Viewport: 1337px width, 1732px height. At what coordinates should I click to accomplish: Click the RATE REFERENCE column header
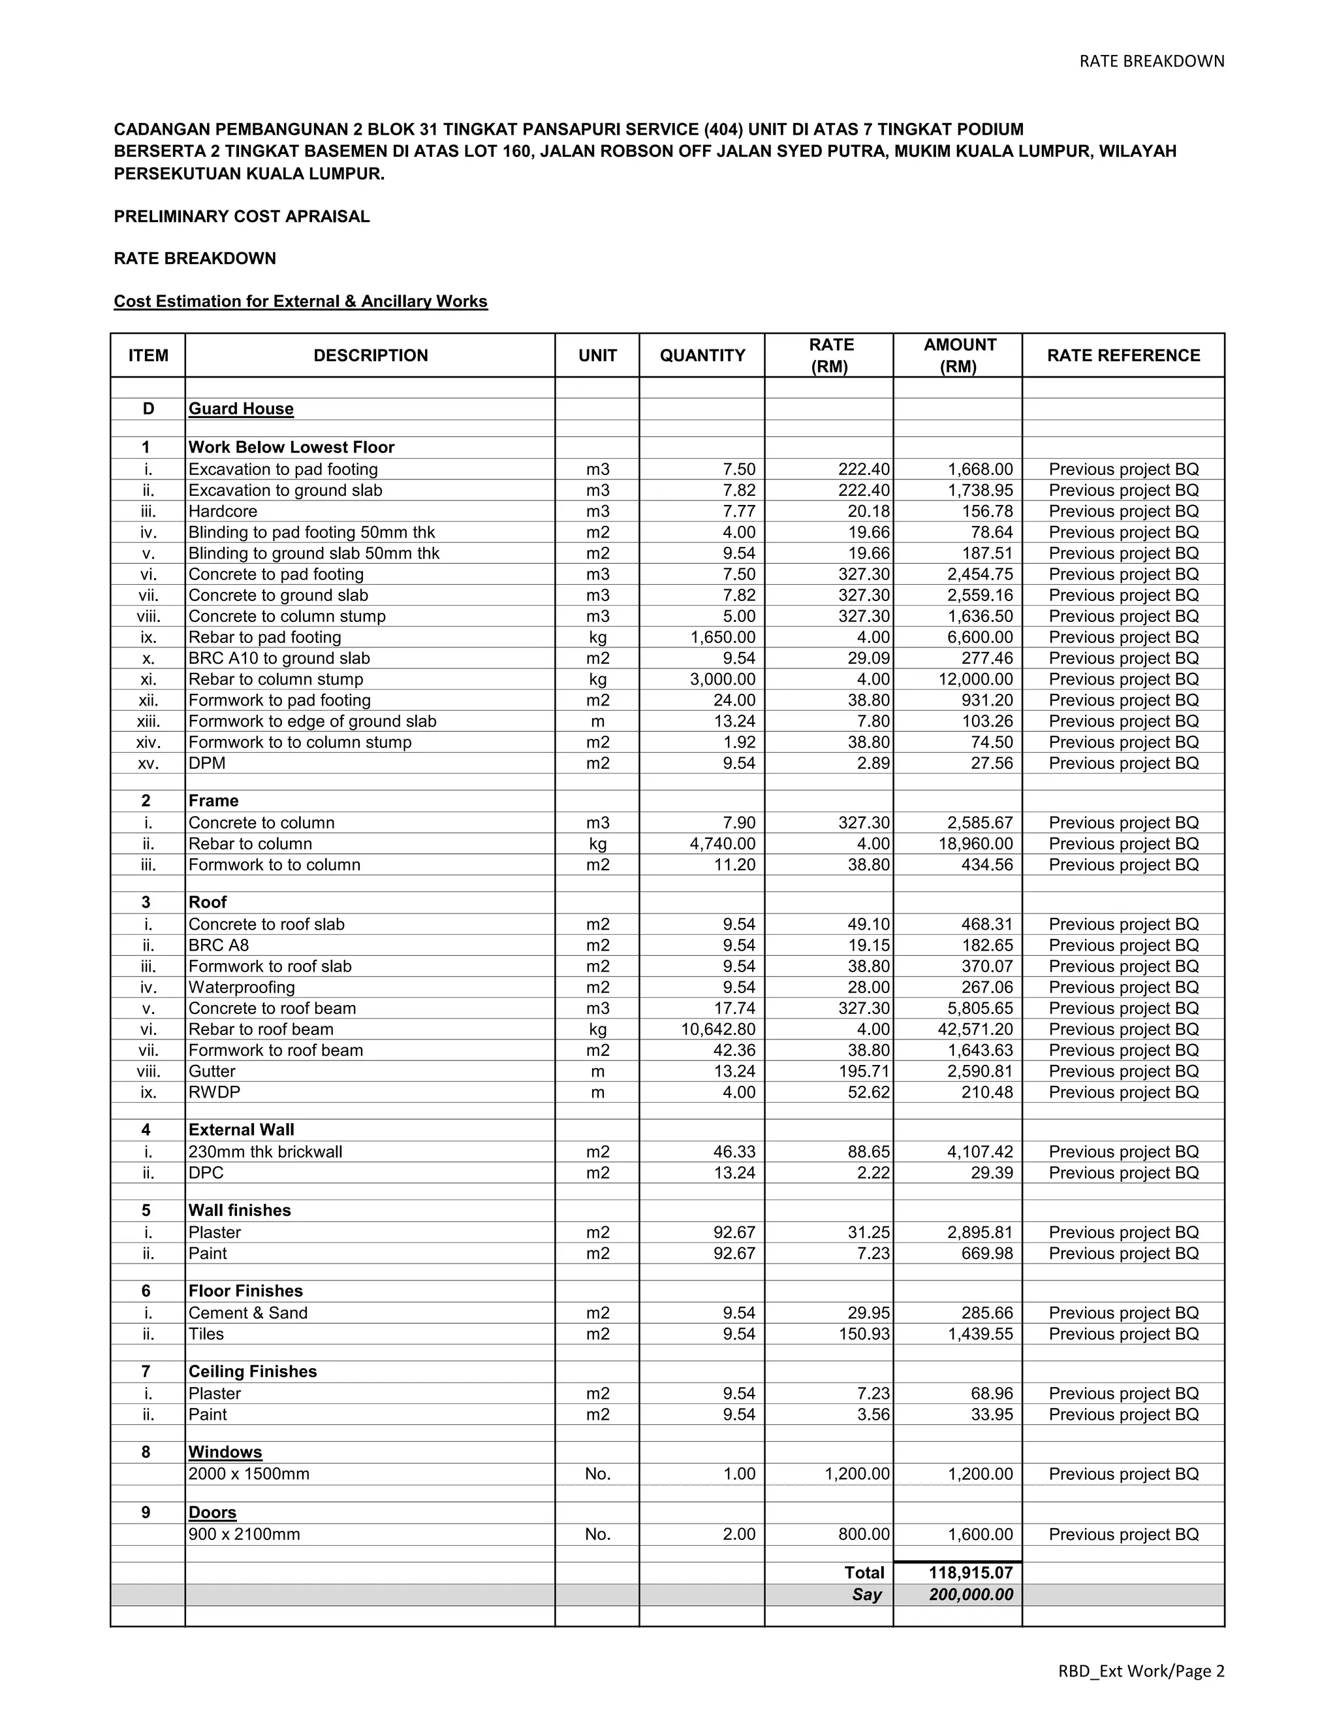[x=1122, y=355]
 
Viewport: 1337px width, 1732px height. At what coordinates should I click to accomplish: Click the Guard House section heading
[x=241, y=409]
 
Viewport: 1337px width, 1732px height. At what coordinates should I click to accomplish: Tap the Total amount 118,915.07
[x=970, y=1573]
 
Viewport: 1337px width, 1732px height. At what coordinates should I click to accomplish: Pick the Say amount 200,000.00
[x=970, y=1595]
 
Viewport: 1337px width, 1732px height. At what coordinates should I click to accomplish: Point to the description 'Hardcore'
[x=223, y=512]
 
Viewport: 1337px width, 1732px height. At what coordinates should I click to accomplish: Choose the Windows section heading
[x=225, y=1452]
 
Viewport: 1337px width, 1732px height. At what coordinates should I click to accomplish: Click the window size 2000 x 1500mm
[x=249, y=1475]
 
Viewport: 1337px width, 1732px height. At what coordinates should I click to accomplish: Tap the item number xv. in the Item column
[x=148, y=764]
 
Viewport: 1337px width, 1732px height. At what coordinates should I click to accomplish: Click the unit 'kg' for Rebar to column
[x=597, y=844]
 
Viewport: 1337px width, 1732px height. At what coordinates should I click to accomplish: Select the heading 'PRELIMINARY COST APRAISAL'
[x=242, y=216]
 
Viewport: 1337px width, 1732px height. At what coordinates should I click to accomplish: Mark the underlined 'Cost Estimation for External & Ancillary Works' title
[x=300, y=301]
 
